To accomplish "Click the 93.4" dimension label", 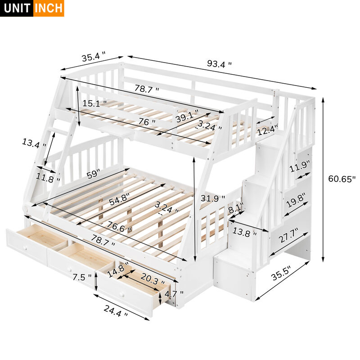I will tap(219, 64).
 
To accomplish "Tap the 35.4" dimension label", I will tap(93, 57).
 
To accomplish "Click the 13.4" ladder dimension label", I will tap(34, 144).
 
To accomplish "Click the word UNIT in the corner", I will tap(16, 8).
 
